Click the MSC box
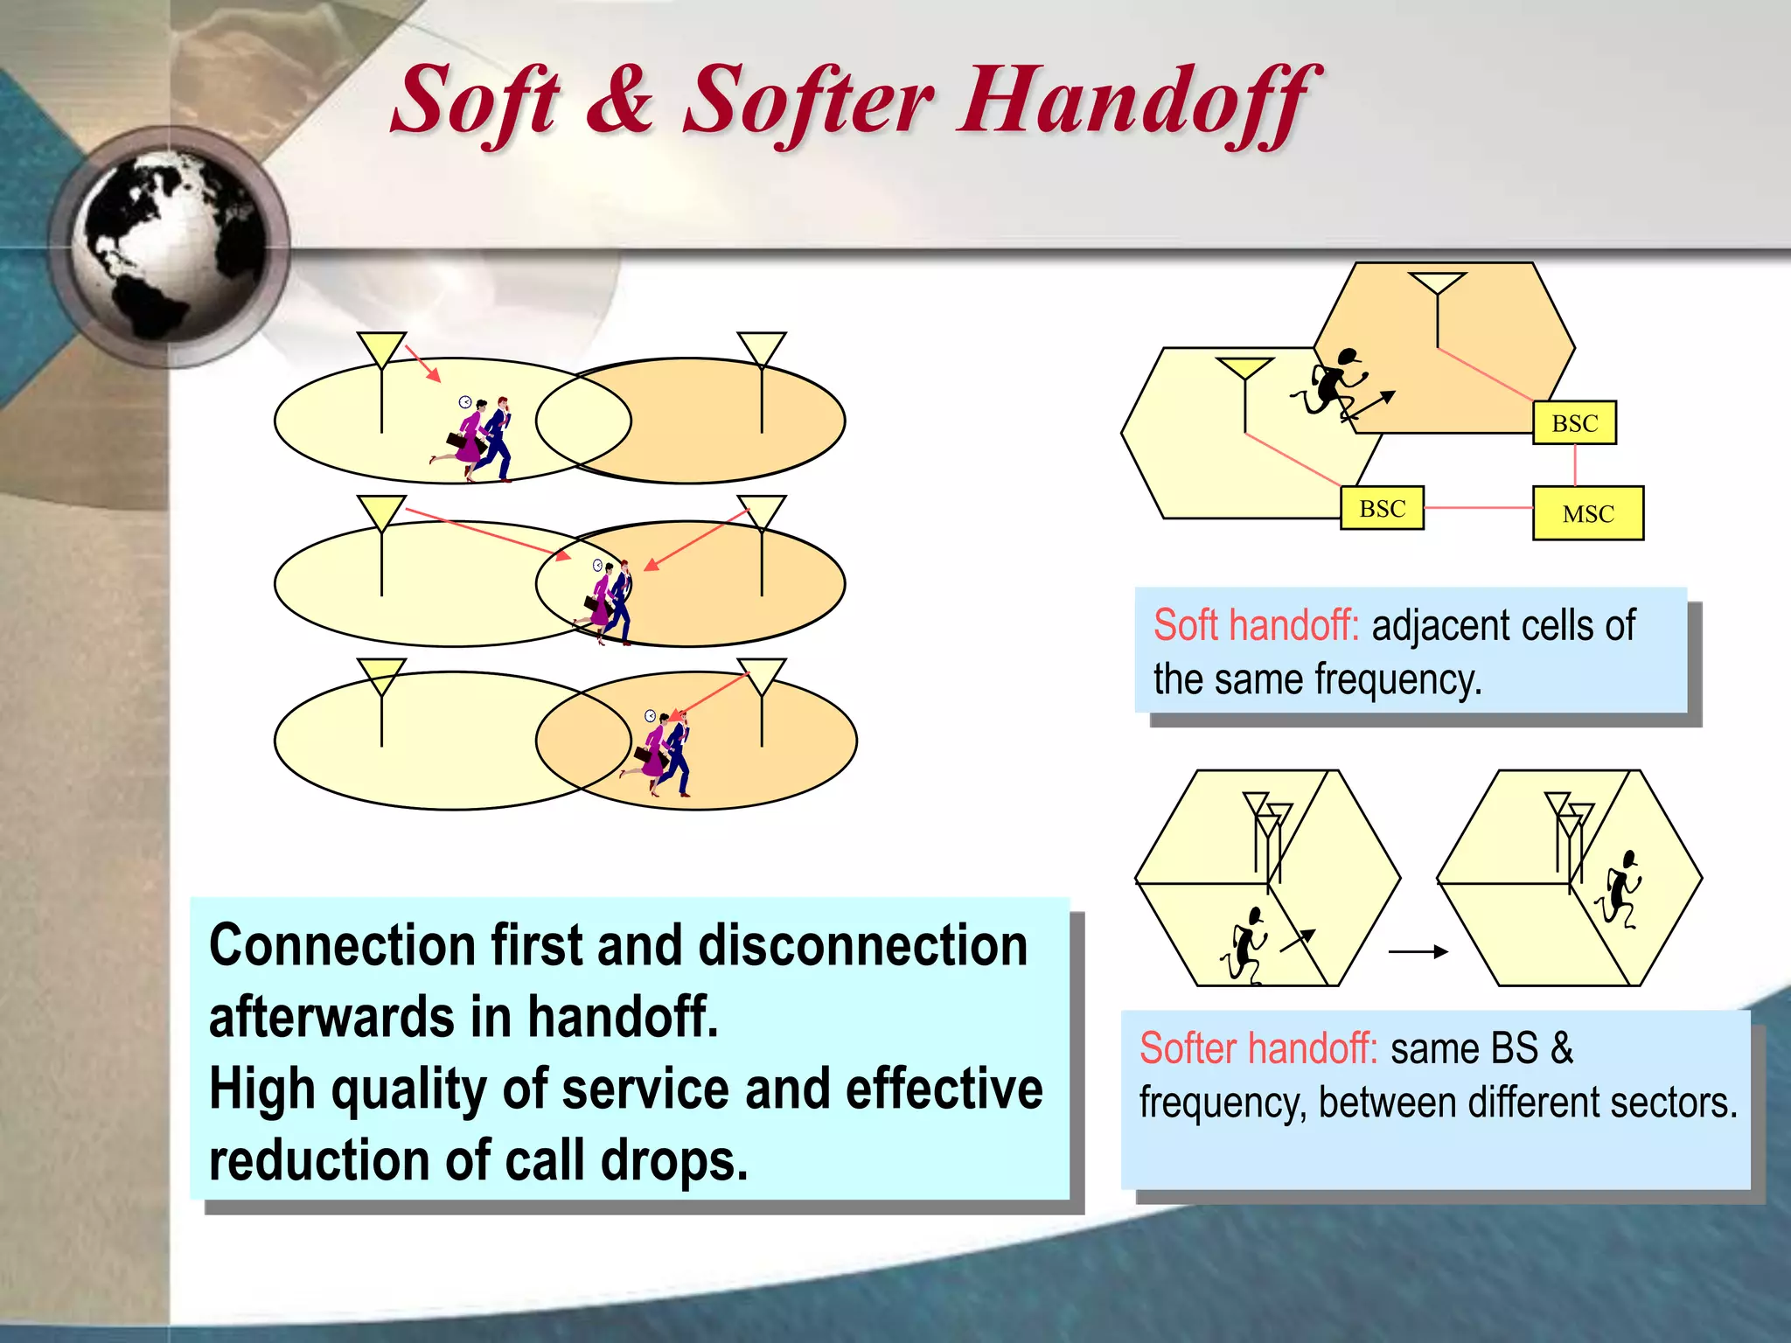point(1587,513)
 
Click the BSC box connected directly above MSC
point(1574,423)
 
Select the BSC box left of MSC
point(1382,508)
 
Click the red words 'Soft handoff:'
point(1256,626)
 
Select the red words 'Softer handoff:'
point(1258,1048)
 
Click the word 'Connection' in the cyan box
point(342,946)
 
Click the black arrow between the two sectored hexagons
point(1418,952)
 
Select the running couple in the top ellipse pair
point(477,440)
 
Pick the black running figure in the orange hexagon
point(1333,385)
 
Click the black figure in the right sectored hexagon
point(1620,891)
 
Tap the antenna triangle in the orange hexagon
point(1437,283)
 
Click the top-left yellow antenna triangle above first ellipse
point(381,348)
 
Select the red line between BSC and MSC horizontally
point(1478,508)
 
